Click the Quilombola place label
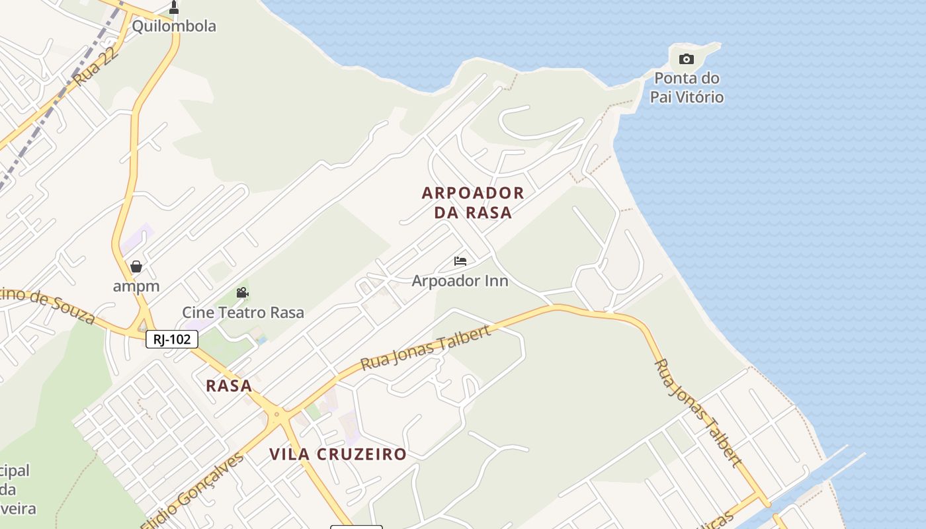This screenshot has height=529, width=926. coord(174,26)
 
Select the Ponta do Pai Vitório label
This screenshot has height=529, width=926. coord(687,87)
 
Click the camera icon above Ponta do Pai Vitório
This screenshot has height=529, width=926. coord(687,59)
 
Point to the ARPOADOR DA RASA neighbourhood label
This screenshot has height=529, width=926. coord(473,202)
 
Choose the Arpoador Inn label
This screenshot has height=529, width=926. coord(460,281)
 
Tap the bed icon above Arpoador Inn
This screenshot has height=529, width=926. coord(460,261)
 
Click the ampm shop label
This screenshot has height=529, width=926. coord(136,286)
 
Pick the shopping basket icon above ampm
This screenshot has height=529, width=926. coord(136,266)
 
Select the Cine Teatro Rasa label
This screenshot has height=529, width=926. coord(243,312)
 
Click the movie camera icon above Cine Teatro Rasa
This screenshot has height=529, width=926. coord(242,292)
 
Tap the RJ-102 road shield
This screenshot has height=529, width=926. coord(172,340)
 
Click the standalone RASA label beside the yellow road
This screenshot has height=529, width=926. coord(229,386)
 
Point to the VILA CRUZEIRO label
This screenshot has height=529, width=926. coord(337,454)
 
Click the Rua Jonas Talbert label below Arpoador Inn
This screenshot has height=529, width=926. coord(426,347)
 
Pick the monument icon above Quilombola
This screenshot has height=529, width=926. coord(174,8)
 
